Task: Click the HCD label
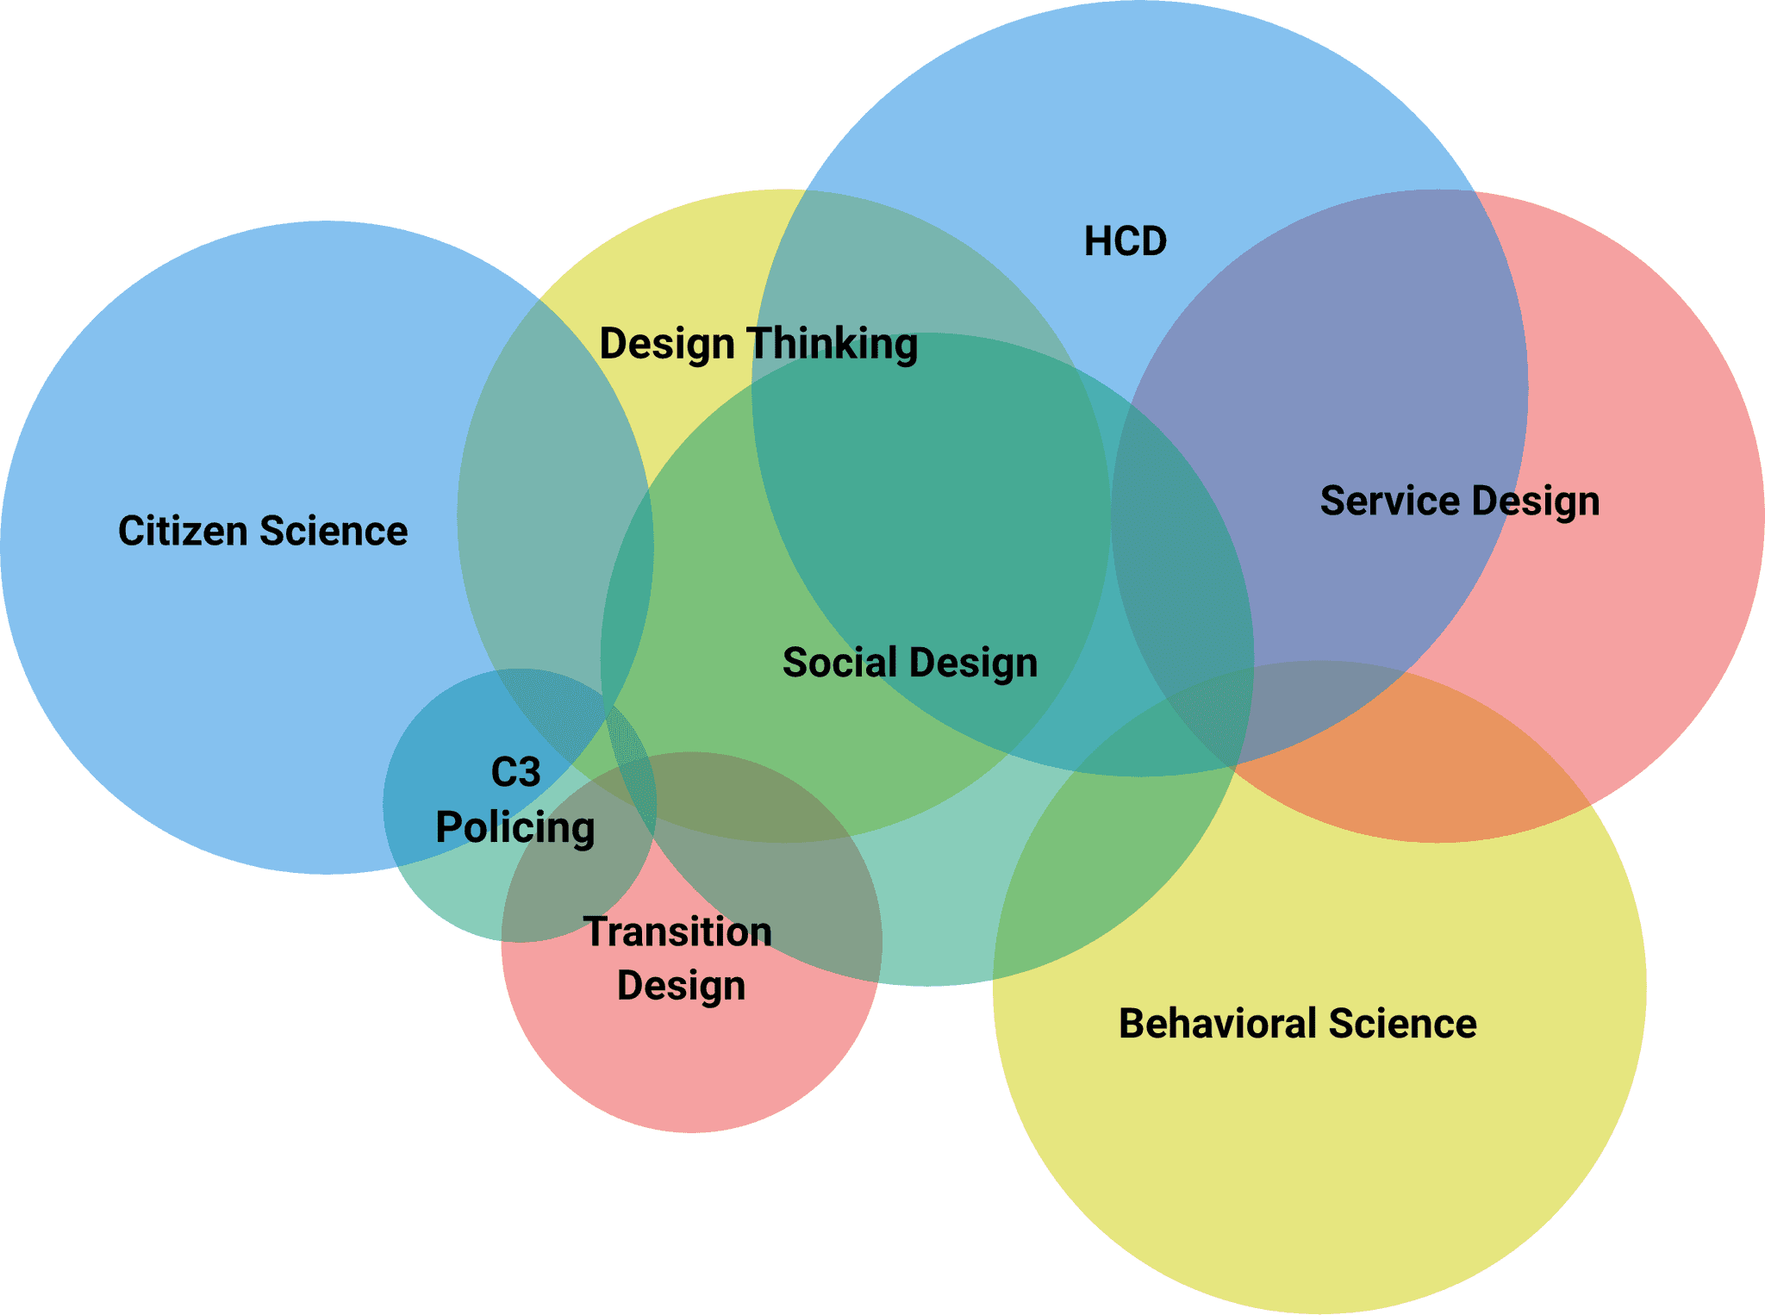point(1125,241)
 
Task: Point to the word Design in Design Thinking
point(666,345)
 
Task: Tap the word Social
point(839,663)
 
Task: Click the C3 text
point(515,772)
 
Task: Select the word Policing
point(515,828)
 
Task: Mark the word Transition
point(678,932)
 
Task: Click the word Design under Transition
point(681,986)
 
